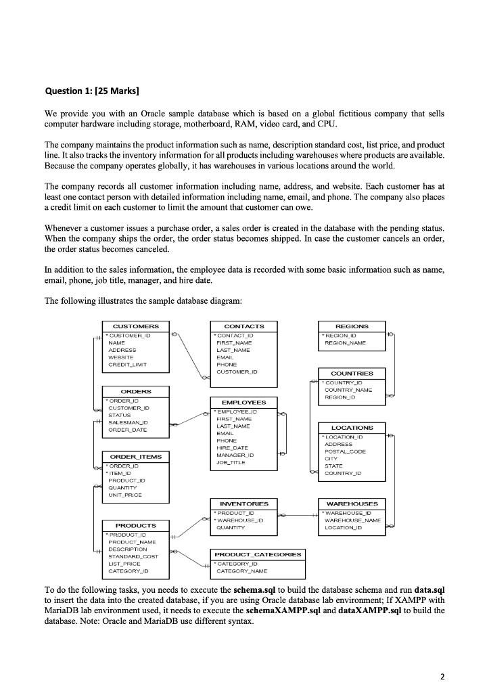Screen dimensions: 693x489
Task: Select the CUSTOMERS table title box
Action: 135,326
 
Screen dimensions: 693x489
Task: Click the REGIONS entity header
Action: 352,326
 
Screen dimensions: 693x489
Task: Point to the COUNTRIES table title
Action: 352,373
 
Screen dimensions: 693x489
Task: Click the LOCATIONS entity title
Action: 352,428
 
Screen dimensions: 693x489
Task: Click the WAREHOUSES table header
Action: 352,504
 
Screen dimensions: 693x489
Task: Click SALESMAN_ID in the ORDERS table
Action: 126,422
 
